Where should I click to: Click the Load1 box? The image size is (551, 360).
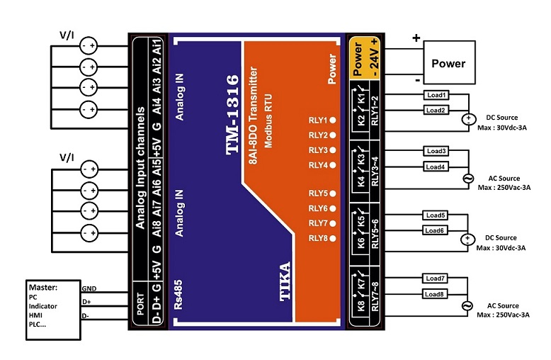tap(436, 95)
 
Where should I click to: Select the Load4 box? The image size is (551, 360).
tap(436, 167)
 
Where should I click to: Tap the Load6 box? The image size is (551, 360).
tap(435, 230)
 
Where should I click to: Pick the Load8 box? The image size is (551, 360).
tap(434, 294)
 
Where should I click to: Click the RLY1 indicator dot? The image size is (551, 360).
tap(332, 120)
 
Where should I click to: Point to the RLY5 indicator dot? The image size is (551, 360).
tap(332, 193)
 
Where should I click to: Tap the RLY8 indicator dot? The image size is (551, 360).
tap(332, 238)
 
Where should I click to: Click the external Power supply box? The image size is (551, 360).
tap(449, 62)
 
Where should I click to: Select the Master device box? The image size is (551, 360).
tap(53, 310)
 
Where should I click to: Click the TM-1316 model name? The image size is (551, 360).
tap(232, 115)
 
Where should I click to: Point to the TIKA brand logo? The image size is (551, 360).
tap(285, 281)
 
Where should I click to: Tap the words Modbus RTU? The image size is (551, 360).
tap(268, 121)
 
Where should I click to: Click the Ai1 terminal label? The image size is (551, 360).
tap(157, 46)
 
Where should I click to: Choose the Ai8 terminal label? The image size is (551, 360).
tap(157, 228)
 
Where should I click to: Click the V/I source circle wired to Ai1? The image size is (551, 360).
tap(89, 45)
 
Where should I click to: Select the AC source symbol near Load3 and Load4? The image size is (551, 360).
tap(467, 179)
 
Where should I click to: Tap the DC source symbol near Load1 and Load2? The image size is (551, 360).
tap(468, 120)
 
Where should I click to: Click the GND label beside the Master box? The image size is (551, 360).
tap(89, 288)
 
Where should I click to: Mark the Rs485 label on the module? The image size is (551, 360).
tap(178, 295)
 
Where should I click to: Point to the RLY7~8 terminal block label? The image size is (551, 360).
tap(375, 296)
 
